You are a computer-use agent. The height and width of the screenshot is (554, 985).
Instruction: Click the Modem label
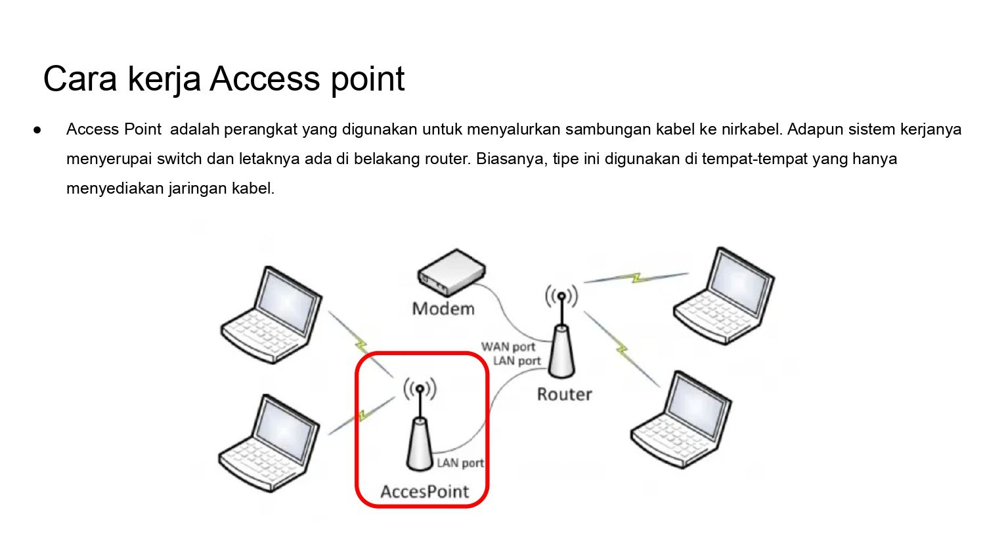443,309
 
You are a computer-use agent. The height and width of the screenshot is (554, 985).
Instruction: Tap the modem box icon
452,272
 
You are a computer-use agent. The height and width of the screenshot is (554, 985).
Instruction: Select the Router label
565,394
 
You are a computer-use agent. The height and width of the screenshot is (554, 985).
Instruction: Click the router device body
561,351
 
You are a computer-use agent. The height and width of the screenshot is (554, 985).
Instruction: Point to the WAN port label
508,347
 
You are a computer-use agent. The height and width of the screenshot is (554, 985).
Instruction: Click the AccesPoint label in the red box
425,492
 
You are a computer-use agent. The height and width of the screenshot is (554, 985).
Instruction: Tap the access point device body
420,444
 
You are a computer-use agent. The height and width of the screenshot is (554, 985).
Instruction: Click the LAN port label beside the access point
460,463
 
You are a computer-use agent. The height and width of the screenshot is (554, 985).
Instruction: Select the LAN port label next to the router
517,361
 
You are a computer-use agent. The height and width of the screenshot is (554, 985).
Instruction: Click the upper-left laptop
271,315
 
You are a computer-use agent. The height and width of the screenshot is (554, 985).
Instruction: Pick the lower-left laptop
269,443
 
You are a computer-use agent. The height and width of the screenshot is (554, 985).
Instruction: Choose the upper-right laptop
724,295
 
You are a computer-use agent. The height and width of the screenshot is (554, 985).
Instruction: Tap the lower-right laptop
681,419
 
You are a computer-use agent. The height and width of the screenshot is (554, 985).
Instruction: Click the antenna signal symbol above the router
561,296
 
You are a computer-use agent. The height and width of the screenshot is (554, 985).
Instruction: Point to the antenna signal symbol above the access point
420,389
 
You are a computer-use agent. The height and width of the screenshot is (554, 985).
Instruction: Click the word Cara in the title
80,79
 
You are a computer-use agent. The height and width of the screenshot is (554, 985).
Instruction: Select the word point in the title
368,79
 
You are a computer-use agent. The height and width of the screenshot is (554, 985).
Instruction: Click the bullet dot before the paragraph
37,130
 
